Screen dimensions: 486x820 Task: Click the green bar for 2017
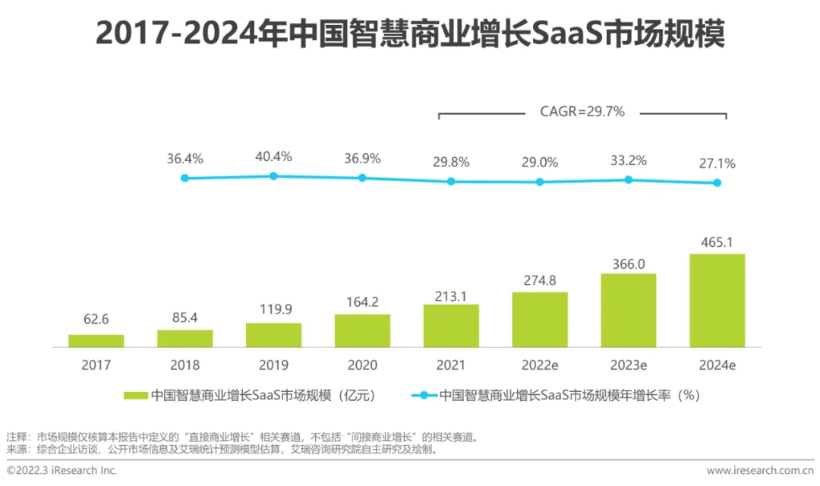(96, 340)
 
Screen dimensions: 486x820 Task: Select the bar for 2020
(362, 330)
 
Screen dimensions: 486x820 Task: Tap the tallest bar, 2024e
(717, 300)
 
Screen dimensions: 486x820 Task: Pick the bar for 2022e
(540, 319)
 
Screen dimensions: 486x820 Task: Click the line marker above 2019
(273, 176)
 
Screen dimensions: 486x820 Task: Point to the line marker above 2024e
(717, 183)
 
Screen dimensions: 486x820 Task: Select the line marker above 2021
(451, 181)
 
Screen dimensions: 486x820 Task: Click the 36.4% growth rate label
(185, 159)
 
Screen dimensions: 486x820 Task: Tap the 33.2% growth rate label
(629, 160)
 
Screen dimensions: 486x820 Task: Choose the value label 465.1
(717, 242)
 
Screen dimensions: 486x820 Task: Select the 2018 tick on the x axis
(185, 364)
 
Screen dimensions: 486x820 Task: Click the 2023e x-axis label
(629, 364)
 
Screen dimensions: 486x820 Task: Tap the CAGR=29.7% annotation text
(582, 112)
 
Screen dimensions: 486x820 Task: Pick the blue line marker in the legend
(424, 395)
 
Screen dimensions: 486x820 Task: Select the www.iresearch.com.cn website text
(760, 471)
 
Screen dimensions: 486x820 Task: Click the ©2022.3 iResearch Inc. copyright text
(62, 471)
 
